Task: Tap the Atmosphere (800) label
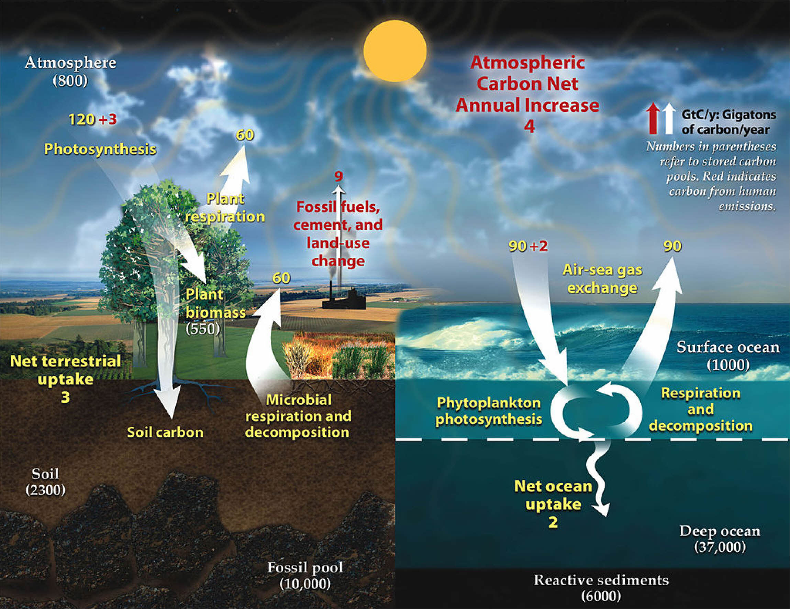(70, 71)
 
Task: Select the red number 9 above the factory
(338, 176)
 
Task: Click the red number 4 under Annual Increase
(529, 127)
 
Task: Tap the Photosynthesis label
(100, 149)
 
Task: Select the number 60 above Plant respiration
(245, 135)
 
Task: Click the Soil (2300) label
(45, 481)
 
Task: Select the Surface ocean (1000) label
(728, 356)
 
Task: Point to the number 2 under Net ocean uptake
(553, 522)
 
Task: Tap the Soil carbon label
(165, 432)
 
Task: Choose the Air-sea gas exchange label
(602, 279)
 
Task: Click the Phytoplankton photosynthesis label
(489, 411)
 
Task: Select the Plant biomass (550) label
(213, 312)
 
